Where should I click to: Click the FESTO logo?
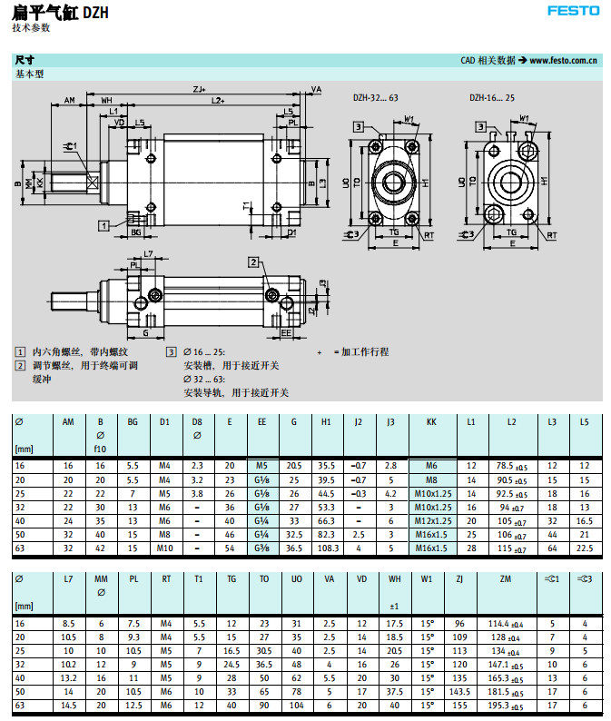574,11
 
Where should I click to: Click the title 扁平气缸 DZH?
61,12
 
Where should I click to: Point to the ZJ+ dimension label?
199,89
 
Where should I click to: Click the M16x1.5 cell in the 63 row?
431,549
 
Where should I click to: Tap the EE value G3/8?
262,549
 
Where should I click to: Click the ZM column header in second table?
506,578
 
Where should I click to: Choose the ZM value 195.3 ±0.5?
506,706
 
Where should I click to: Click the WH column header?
394,578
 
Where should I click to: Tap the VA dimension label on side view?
316,89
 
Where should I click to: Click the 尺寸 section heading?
25,60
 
